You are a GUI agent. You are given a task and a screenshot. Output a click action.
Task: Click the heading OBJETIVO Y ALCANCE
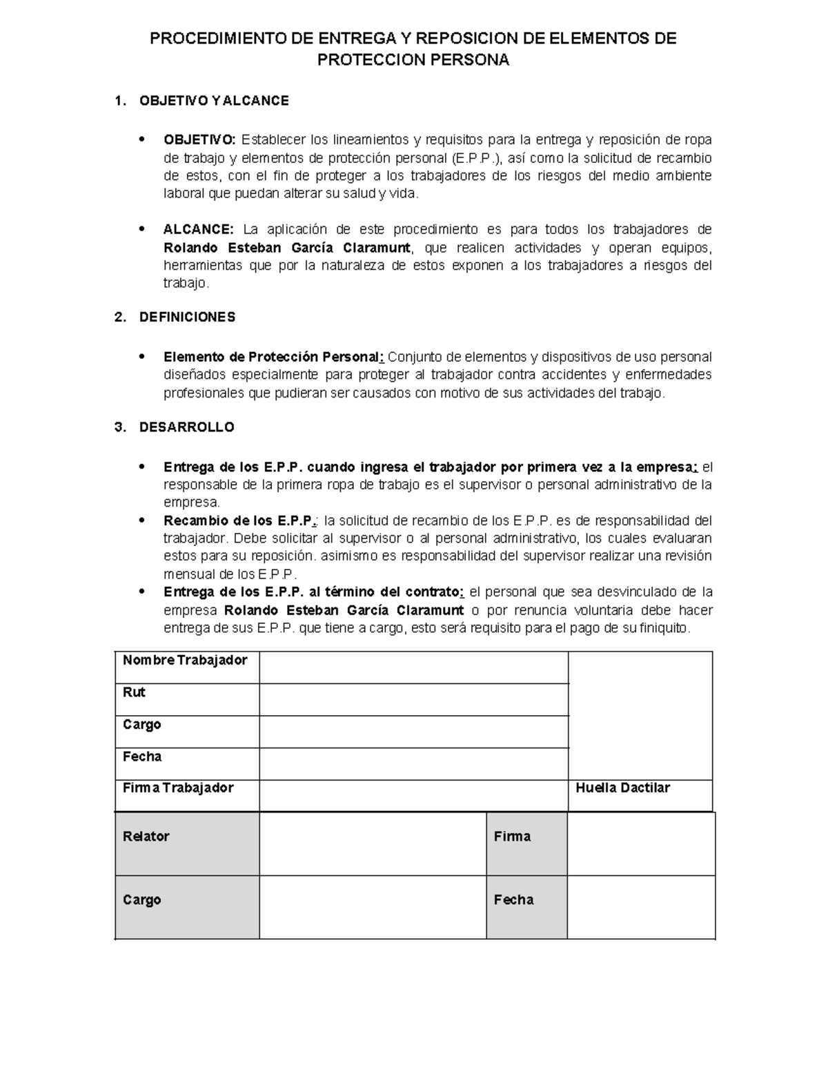pyautogui.click(x=214, y=101)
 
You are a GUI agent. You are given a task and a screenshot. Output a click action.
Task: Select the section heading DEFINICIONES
pyautogui.click(x=187, y=317)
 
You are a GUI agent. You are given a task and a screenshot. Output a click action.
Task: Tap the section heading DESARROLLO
pyautogui.click(x=186, y=427)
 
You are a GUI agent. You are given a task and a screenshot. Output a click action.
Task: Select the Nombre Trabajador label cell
pyautogui.click(x=184, y=660)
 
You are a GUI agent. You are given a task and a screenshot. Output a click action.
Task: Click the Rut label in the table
pyautogui.click(x=134, y=692)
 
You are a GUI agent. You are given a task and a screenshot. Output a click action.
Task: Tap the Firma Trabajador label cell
pyautogui.click(x=178, y=788)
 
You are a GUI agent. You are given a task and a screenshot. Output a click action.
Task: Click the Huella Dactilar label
pyautogui.click(x=622, y=788)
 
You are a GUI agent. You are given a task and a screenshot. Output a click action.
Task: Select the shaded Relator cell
pyautogui.click(x=187, y=844)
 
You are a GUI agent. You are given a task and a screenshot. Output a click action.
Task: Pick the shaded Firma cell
pyautogui.click(x=526, y=844)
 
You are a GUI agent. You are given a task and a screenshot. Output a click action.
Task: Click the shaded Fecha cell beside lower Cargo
pyautogui.click(x=526, y=907)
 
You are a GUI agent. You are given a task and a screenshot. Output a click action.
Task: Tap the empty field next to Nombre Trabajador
pyautogui.click(x=413, y=667)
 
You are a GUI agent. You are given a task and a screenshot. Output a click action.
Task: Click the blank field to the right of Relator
pyautogui.click(x=373, y=844)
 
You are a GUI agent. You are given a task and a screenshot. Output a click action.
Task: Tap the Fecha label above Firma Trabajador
pyautogui.click(x=142, y=757)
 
